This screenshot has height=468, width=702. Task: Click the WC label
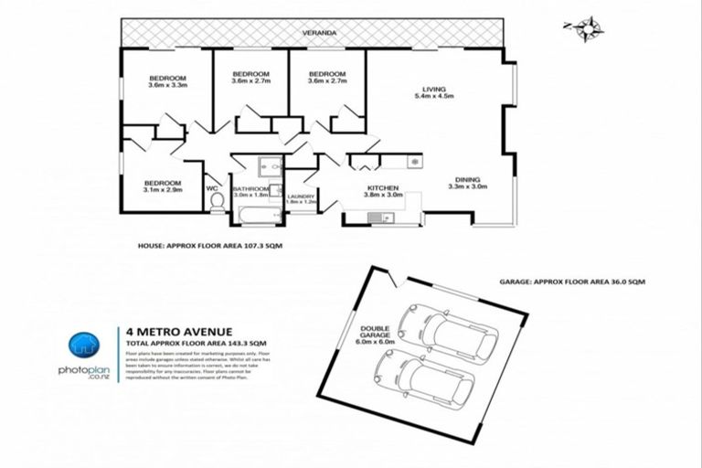(x=212, y=189)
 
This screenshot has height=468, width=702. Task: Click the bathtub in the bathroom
(x=257, y=213)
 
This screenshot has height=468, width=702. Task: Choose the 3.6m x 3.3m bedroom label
(x=167, y=81)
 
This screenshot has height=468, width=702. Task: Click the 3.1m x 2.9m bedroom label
(x=163, y=186)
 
